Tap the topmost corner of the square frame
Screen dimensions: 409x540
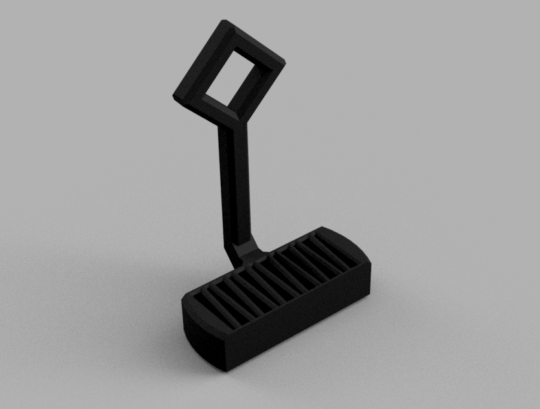[226, 23]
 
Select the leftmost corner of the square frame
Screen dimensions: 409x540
[176, 98]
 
